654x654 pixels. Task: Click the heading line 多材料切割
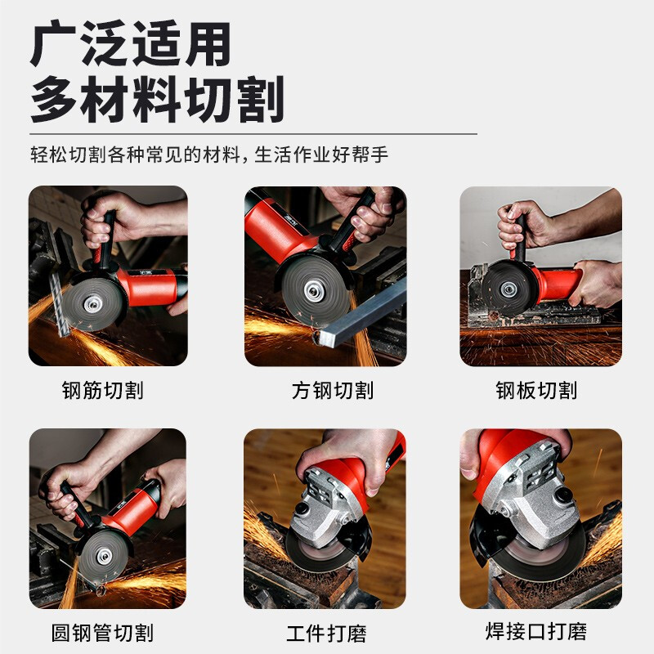[157, 100]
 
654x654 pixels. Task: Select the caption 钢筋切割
[102, 390]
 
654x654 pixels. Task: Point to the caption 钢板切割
[536, 390]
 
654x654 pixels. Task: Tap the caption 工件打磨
[326, 632]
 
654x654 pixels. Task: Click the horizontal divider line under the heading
[253, 133]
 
